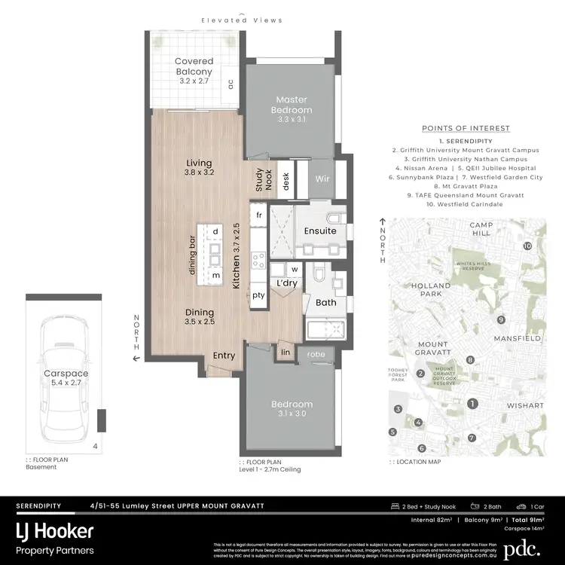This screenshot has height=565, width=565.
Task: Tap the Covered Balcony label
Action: (194, 66)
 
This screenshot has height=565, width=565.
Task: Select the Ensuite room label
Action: (320, 231)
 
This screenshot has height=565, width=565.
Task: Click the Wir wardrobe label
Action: (322, 180)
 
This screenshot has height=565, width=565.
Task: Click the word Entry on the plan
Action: (224, 356)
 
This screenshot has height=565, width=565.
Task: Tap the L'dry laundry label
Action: (286, 283)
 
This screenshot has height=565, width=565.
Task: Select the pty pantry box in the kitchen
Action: (258, 295)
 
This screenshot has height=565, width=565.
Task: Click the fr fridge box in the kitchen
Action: (258, 215)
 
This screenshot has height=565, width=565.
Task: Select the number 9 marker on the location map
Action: (500, 320)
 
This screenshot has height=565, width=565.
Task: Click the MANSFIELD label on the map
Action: (517, 339)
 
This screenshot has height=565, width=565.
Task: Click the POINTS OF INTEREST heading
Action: (466, 128)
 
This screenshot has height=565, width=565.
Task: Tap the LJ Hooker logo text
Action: (56, 531)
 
